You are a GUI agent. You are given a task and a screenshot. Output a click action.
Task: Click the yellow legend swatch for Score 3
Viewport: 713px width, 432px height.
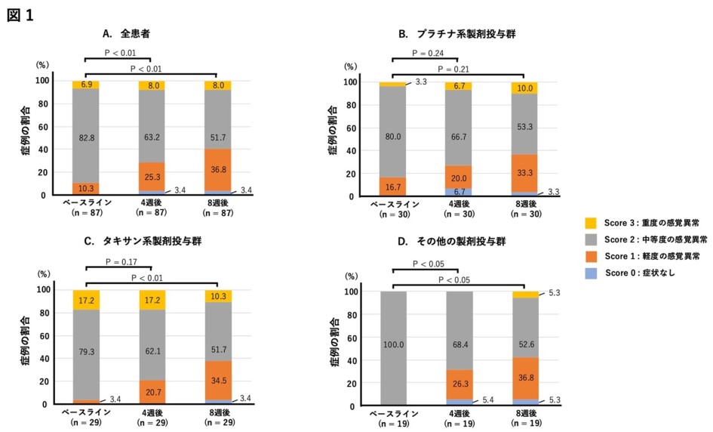[590, 223]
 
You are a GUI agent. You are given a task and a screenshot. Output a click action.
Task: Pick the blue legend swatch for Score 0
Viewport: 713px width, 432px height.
[590, 273]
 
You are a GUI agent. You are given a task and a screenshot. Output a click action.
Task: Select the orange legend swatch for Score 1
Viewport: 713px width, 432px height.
[590, 256]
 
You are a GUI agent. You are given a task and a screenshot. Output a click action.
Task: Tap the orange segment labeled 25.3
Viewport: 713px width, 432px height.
[151, 177]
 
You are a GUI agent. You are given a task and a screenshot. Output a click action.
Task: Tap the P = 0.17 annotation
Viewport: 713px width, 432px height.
[118, 262]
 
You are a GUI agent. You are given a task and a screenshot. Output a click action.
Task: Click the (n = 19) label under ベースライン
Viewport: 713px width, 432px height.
[392, 424]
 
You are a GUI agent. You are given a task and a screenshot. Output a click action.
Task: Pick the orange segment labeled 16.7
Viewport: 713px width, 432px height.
[392, 186]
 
